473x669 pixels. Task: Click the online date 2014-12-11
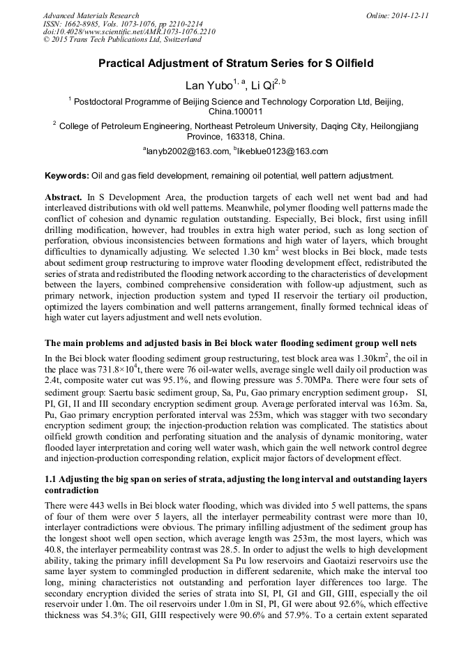(410, 15)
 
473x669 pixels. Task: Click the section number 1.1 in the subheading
(52, 480)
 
